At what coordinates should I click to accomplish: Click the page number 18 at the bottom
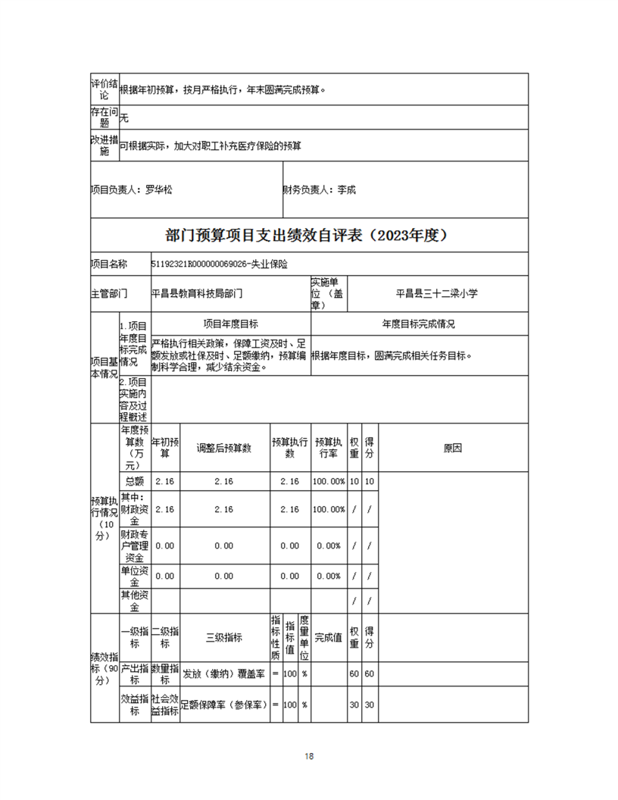(x=309, y=756)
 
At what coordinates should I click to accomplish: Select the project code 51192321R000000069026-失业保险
(x=220, y=264)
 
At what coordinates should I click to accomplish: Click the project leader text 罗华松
(x=159, y=189)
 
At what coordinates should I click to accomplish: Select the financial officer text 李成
(x=346, y=189)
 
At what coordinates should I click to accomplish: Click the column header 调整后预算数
(x=223, y=448)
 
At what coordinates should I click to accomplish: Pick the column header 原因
(x=453, y=448)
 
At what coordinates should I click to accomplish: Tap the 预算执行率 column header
(x=329, y=448)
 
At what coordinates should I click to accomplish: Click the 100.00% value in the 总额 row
(x=329, y=482)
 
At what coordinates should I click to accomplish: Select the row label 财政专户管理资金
(x=135, y=545)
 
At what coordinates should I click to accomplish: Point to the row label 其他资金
(x=135, y=601)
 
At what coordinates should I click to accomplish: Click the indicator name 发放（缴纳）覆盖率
(x=223, y=674)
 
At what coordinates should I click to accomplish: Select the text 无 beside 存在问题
(x=125, y=118)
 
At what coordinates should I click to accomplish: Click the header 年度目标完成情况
(x=419, y=323)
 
